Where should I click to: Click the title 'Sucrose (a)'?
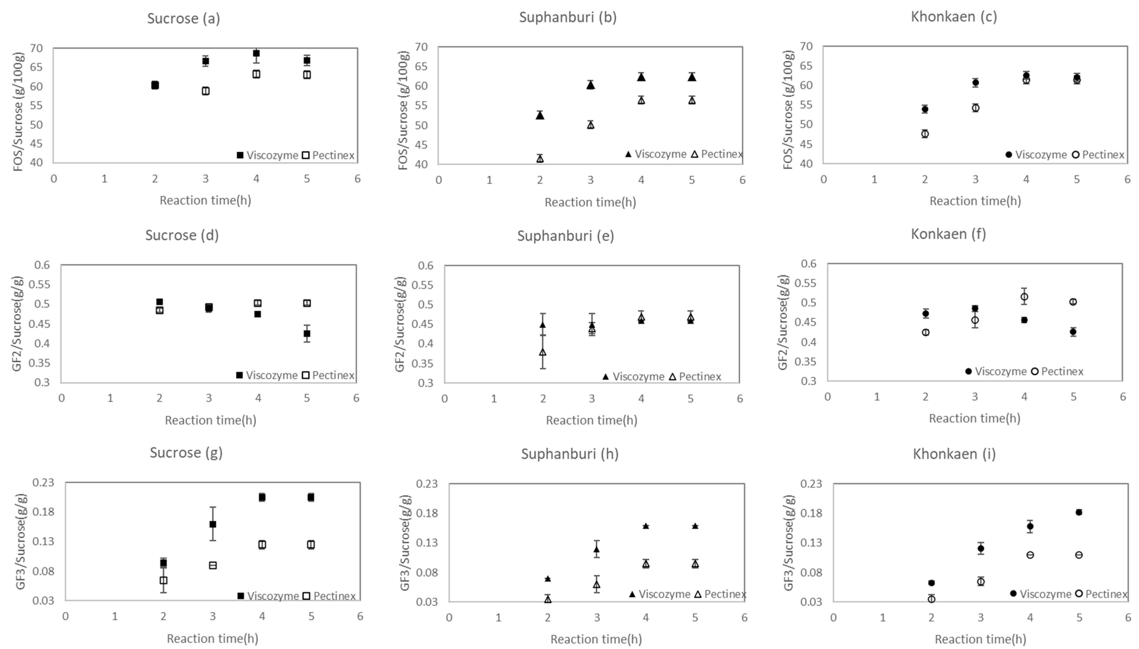pyautogui.click(x=184, y=18)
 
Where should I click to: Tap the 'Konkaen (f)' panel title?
pyautogui.click(x=948, y=234)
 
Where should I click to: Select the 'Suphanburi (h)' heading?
pyautogui.click(x=570, y=454)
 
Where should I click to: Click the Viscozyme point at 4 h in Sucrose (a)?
pyautogui.click(x=256, y=54)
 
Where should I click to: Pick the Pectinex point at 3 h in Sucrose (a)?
pyautogui.click(x=205, y=91)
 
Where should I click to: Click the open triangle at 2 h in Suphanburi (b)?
pyautogui.click(x=540, y=158)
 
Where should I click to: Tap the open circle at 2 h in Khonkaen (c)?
pyautogui.click(x=925, y=134)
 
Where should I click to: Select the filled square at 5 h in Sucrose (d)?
pyautogui.click(x=307, y=334)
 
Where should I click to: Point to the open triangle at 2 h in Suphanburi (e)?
pyautogui.click(x=543, y=352)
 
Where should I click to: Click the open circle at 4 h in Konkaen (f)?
pyautogui.click(x=1024, y=297)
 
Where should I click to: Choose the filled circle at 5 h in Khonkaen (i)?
pyautogui.click(x=1079, y=512)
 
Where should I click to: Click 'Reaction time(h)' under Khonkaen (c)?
pyautogui.click(x=975, y=201)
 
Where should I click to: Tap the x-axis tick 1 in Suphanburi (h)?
pyautogui.click(x=498, y=618)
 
